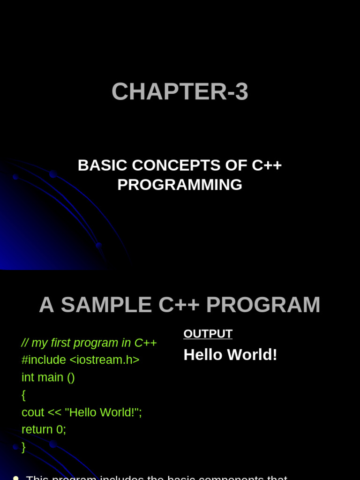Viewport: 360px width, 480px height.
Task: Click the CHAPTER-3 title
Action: click(180, 92)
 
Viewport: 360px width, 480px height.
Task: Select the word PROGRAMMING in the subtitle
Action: click(180, 185)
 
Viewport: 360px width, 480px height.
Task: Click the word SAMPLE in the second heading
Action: click(106, 305)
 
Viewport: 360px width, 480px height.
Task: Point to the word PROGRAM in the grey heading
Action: click(263, 305)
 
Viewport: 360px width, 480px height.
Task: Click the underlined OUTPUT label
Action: click(208, 334)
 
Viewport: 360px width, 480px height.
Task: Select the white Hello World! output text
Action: click(230, 355)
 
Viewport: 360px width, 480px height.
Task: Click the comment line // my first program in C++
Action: click(89, 343)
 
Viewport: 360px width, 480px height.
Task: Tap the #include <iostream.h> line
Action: click(80, 360)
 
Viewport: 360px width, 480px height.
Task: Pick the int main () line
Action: click(48, 377)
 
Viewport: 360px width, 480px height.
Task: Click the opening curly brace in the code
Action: click(24, 395)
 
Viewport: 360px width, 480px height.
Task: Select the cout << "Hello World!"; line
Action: click(82, 412)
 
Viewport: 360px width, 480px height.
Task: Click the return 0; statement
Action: click(44, 430)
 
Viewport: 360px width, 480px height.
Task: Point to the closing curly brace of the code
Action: click(24, 447)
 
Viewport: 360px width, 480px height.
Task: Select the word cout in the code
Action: click(33, 412)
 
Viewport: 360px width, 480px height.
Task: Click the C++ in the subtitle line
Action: click(267, 165)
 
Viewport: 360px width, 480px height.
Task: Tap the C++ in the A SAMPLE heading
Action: click(179, 305)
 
